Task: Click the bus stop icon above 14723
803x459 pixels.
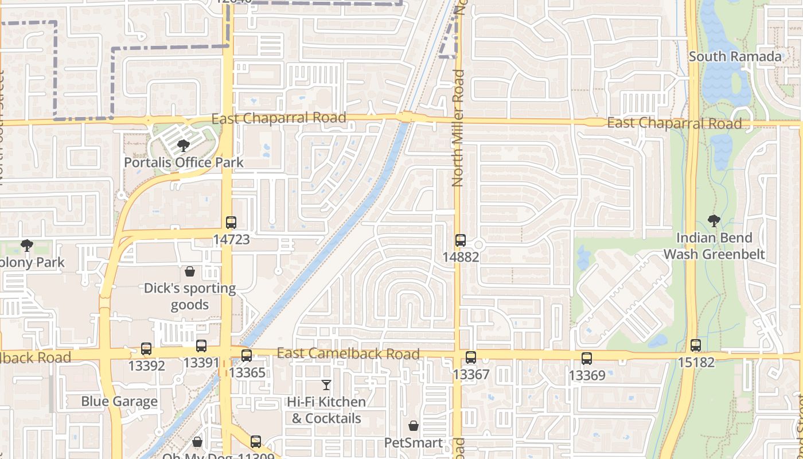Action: click(x=231, y=223)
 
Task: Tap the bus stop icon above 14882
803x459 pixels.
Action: click(x=460, y=240)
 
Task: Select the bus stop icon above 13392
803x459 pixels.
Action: click(x=146, y=349)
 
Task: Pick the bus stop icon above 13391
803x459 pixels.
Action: click(x=201, y=346)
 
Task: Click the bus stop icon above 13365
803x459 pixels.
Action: click(x=247, y=356)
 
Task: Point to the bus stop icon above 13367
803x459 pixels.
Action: click(x=471, y=357)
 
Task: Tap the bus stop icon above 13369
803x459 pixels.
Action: click(x=586, y=359)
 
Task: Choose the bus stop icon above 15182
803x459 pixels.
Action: click(x=696, y=345)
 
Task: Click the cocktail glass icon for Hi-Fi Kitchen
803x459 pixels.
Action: click(x=326, y=385)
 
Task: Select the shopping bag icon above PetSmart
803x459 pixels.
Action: click(x=413, y=426)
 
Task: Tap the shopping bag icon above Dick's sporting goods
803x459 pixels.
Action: click(x=190, y=271)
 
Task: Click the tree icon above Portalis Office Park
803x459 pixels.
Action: click(x=184, y=146)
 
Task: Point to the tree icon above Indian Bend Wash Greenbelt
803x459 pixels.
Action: click(x=714, y=221)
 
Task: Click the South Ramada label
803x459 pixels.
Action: click(x=735, y=56)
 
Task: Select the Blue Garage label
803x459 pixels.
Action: click(x=119, y=401)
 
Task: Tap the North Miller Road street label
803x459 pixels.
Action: click(x=457, y=128)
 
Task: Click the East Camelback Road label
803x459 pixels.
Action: click(x=348, y=353)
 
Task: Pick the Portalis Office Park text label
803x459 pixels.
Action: click(x=184, y=162)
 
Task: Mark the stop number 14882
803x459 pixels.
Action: click(x=460, y=257)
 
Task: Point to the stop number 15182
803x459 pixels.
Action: click(x=696, y=362)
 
